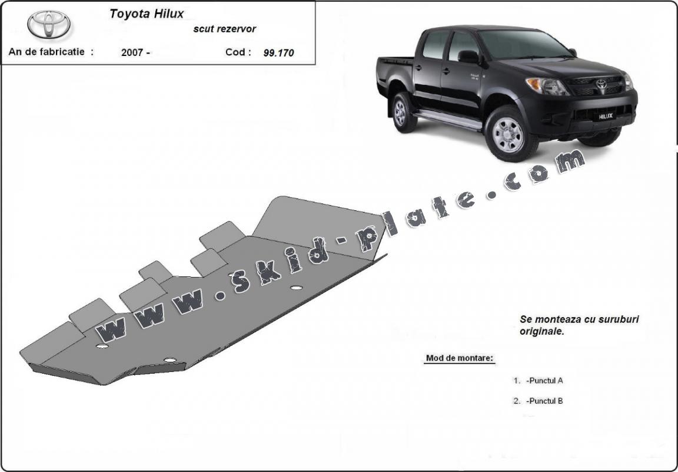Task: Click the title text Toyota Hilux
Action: [147, 14]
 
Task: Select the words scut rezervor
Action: [224, 29]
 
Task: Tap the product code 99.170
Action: [278, 53]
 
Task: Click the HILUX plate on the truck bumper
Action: [606, 117]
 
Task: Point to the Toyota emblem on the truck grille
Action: [601, 84]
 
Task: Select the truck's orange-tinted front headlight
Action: [546, 86]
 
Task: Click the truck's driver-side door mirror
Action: [468, 57]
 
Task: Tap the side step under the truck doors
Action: [447, 119]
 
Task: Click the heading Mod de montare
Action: [459, 358]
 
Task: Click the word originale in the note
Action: [542, 332]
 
